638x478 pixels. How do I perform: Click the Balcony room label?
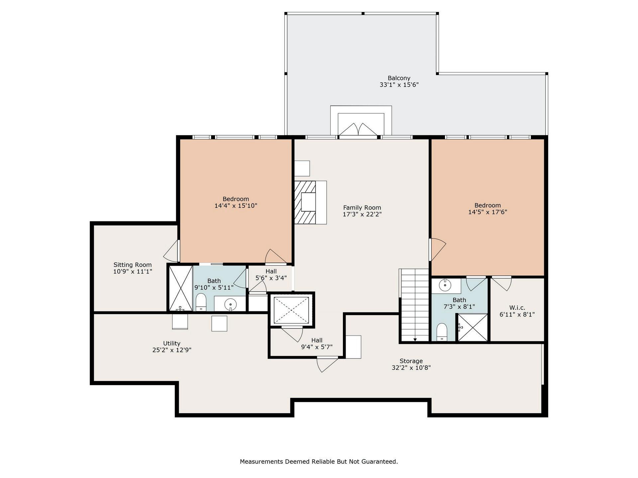pos(399,78)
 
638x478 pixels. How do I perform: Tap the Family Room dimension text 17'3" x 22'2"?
pos(362,214)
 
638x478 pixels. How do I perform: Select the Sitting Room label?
pos(133,265)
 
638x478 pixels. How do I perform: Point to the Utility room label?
pos(172,344)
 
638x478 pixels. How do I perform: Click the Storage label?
pos(411,361)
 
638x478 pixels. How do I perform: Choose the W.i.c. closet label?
pos(517,308)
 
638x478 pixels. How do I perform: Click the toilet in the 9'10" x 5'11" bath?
pos(201,302)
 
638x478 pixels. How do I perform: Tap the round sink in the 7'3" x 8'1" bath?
pos(445,285)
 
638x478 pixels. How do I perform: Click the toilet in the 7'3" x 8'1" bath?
pos(442,332)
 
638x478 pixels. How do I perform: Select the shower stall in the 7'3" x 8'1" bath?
pos(473,328)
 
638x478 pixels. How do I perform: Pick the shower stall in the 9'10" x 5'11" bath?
pos(181,288)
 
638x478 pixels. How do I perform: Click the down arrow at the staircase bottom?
pos(415,339)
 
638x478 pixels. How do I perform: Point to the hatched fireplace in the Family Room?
pos(305,202)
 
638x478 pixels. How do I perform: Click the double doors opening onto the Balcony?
pos(358,130)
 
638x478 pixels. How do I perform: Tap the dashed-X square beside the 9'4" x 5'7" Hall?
pos(291,310)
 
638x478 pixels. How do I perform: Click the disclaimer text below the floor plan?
pos(319,461)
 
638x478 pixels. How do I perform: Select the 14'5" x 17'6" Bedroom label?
pos(487,205)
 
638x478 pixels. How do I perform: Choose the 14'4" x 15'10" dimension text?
pos(236,206)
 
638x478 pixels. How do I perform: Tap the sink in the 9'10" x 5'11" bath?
pos(230,304)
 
